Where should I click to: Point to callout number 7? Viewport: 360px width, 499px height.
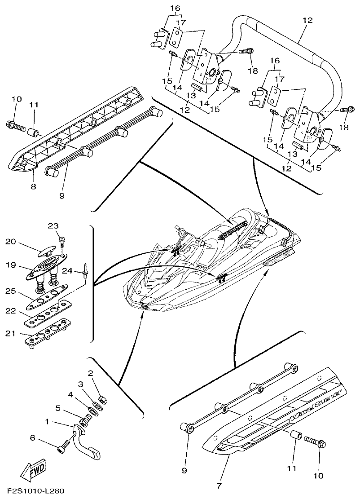219,486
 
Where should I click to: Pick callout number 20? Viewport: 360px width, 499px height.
11,242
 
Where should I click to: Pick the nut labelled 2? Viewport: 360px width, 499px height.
102,398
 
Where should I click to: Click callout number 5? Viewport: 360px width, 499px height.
58,408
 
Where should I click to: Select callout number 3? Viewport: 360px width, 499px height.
81,384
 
